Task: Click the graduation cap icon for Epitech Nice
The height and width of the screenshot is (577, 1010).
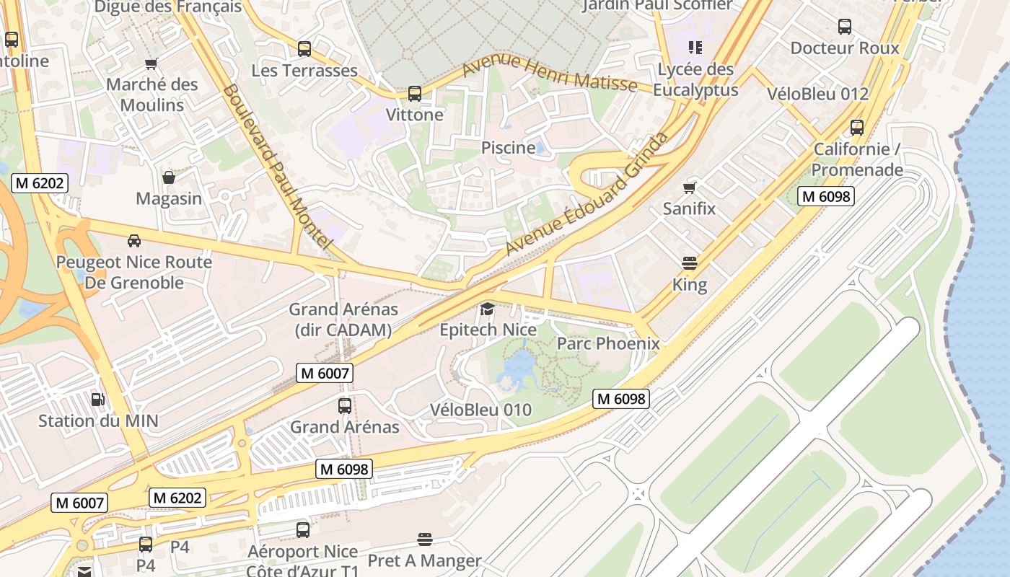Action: point(488,309)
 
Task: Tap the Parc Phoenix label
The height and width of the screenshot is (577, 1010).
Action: point(608,343)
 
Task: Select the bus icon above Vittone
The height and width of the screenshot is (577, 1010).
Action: point(414,94)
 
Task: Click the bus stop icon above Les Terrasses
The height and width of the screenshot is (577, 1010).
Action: point(304,49)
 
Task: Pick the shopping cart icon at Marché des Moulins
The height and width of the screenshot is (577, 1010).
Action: point(151,63)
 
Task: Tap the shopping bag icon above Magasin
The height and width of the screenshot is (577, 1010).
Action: point(169,177)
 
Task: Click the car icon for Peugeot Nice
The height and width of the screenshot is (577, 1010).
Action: point(134,240)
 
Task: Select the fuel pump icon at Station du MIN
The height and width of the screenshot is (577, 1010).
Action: point(97,399)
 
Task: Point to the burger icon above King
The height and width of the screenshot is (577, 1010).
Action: point(690,263)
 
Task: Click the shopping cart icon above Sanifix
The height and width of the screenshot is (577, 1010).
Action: point(690,188)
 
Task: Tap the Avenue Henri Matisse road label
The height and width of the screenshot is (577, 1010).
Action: point(549,74)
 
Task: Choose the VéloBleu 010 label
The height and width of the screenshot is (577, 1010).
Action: point(480,410)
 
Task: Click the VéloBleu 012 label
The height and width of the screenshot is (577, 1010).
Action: point(817,94)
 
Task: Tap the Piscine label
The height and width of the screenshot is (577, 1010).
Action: point(509,148)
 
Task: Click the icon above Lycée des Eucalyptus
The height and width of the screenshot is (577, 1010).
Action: point(695,48)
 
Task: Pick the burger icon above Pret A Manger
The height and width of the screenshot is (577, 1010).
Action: point(425,539)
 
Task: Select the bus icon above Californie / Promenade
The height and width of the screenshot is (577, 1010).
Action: point(857,128)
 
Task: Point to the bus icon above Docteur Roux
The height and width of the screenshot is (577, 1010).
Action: point(845,27)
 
